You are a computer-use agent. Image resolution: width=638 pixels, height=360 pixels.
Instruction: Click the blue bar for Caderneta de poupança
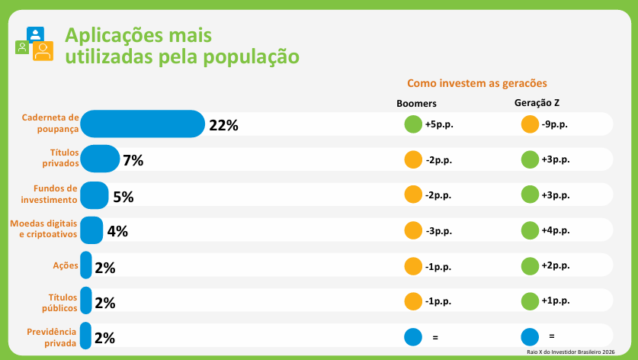[143, 124]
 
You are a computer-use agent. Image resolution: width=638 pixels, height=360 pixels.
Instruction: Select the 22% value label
[223, 126]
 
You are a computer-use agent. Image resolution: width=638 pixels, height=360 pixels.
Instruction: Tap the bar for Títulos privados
[100, 159]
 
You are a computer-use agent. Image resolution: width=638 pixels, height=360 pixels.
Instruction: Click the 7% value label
[133, 160]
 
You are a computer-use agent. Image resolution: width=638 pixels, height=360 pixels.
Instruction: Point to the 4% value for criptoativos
[117, 232]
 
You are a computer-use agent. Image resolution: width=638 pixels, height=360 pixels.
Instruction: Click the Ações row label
[65, 265]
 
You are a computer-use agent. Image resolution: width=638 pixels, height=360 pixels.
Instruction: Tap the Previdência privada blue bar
[85, 336]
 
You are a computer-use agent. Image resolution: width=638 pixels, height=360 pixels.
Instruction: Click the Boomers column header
[416, 104]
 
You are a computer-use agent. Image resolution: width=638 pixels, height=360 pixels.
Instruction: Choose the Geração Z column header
[537, 103]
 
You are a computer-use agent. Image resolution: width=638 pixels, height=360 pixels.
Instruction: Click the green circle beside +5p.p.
[413, 124]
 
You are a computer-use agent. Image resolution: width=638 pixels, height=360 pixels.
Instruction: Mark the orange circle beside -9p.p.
[529, 124]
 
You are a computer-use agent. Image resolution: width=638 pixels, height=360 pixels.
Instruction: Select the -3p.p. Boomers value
[440, 230]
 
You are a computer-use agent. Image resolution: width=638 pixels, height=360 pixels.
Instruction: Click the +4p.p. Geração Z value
[556, 230]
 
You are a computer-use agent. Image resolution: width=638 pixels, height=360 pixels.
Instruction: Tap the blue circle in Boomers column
[413, 336]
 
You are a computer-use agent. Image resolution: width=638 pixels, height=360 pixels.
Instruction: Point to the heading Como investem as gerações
[477, 83]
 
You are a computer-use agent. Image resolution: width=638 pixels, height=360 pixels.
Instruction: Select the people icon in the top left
[34, 44]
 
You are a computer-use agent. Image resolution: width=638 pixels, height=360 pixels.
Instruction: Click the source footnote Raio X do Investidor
[570, 352]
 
